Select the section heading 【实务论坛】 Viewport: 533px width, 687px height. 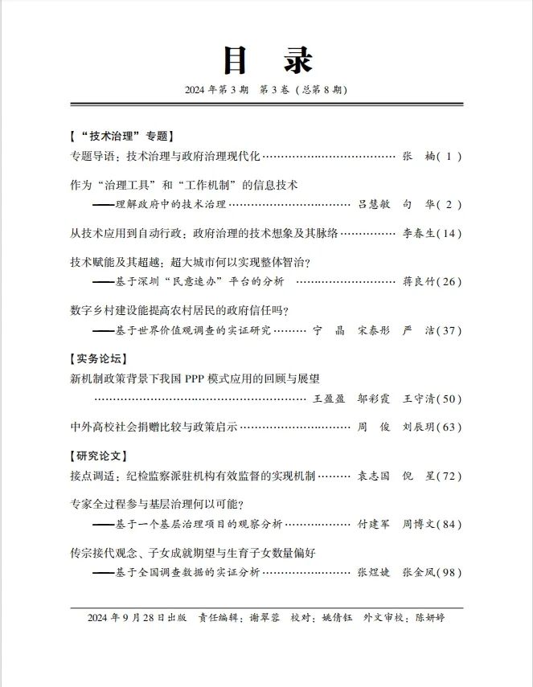click(97, 358)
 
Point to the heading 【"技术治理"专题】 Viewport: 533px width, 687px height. click(121, 136)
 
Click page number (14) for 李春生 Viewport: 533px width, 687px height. click(449, 233)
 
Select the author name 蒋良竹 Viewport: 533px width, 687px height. click(418, 282)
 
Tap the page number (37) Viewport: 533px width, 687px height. click(449, 330)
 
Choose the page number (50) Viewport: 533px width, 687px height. click(449, 399)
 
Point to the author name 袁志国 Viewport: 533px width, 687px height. click(372, 476)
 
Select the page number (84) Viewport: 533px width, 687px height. click(449, 525)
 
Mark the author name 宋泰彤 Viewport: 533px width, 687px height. click(372, 330)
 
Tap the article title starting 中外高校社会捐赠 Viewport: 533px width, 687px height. click(153, 427)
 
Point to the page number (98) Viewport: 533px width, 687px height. click(449, 573)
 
